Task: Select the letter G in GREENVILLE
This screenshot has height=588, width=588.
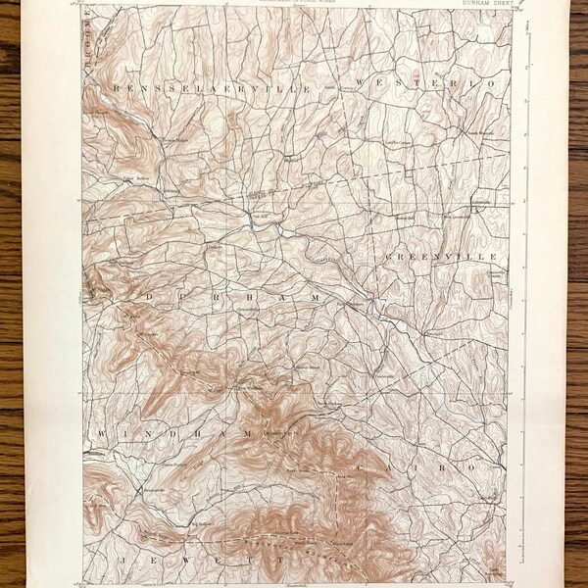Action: [386, 257]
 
